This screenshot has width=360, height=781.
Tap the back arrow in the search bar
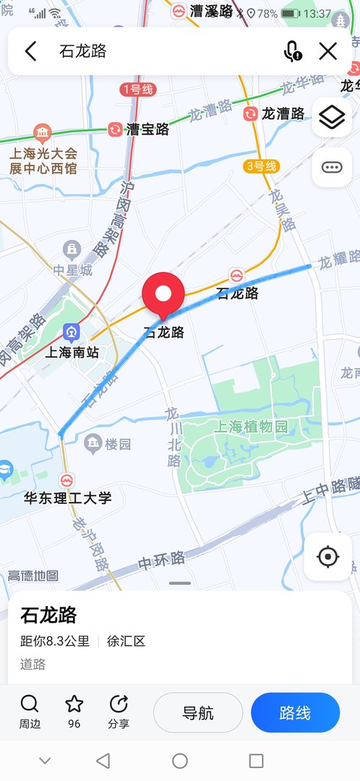[30, 51]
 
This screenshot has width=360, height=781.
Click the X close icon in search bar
[328, 51]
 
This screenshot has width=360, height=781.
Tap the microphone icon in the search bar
[292, 51]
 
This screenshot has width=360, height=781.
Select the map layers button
[332, 117]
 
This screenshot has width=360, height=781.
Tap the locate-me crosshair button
[328, 556]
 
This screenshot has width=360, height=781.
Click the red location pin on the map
[163, 294]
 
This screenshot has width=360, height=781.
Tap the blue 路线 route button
[295, 713]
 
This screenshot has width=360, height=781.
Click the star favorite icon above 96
[74, 704]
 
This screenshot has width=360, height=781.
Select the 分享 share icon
[119, 704]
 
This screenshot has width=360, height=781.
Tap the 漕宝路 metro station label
[147, 129]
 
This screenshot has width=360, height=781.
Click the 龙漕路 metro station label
[285, 114]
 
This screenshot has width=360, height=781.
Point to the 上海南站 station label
[72, 353]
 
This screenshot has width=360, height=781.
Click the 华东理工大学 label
[68, 498]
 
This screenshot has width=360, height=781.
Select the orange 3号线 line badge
[261, 166]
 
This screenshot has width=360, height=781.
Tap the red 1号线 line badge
[137, 90]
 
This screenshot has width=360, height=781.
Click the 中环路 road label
[162, 559]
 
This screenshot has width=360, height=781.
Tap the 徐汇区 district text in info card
[126, 641]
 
